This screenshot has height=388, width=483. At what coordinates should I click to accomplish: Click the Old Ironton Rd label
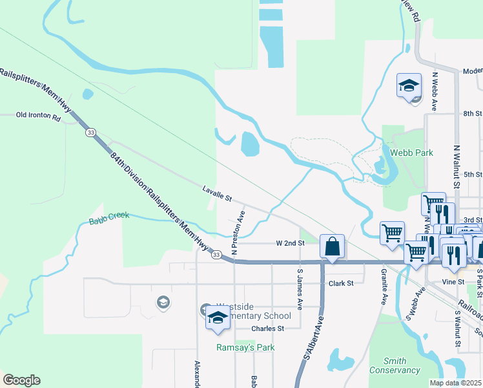(38, 118)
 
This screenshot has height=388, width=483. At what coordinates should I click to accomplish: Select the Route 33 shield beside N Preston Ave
(217, 255)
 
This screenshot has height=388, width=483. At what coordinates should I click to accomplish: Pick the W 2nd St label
(290, 243)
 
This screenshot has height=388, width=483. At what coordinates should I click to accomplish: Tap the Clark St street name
(341, 283)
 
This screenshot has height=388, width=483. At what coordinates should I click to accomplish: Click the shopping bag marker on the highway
(332, 247)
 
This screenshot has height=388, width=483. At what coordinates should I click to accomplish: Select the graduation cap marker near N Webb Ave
(409, 86)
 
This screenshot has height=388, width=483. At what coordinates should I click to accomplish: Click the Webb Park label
(411, 153)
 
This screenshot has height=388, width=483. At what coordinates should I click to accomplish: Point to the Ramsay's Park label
(245, 347)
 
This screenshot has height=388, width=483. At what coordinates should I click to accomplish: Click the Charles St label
(268, 329)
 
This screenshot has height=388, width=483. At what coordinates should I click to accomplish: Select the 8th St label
(473, 114)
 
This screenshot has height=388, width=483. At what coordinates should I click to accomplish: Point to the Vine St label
(453, 282)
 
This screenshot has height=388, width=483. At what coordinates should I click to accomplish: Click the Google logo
(21, 380)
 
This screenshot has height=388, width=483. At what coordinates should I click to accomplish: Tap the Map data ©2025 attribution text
(456, 383)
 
